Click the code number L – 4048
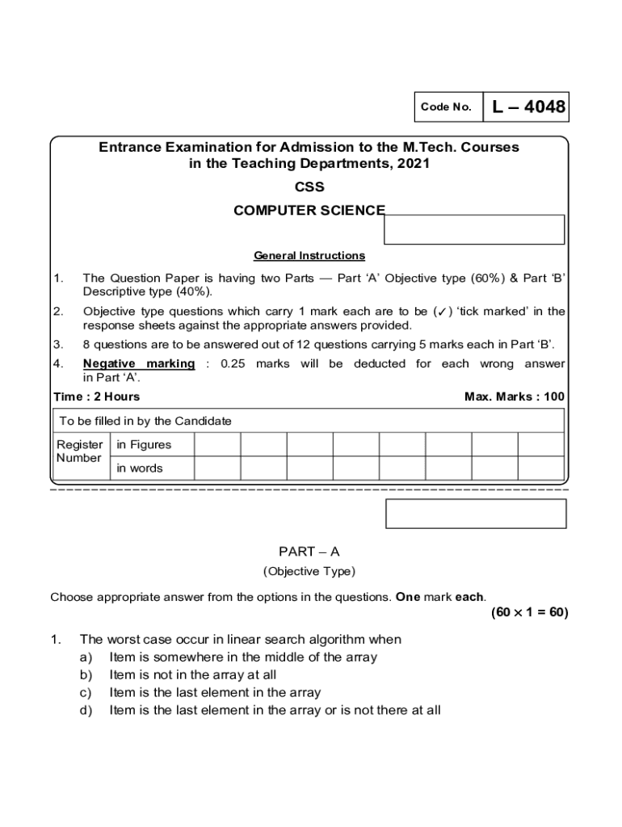526,107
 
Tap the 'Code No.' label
445,107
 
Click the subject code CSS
309,187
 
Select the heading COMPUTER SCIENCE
309,211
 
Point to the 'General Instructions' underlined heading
309,256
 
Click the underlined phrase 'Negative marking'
139,364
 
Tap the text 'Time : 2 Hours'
96,397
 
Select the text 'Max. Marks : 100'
515,397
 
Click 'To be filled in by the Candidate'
145,421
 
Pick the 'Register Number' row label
79,451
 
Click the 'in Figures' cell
144,444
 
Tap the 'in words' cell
140,468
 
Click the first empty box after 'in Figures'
217,444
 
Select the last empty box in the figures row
540,444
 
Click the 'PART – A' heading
309,552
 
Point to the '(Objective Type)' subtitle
309,572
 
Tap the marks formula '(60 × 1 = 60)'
529,613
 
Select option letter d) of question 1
85,711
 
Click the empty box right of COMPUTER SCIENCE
473,229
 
